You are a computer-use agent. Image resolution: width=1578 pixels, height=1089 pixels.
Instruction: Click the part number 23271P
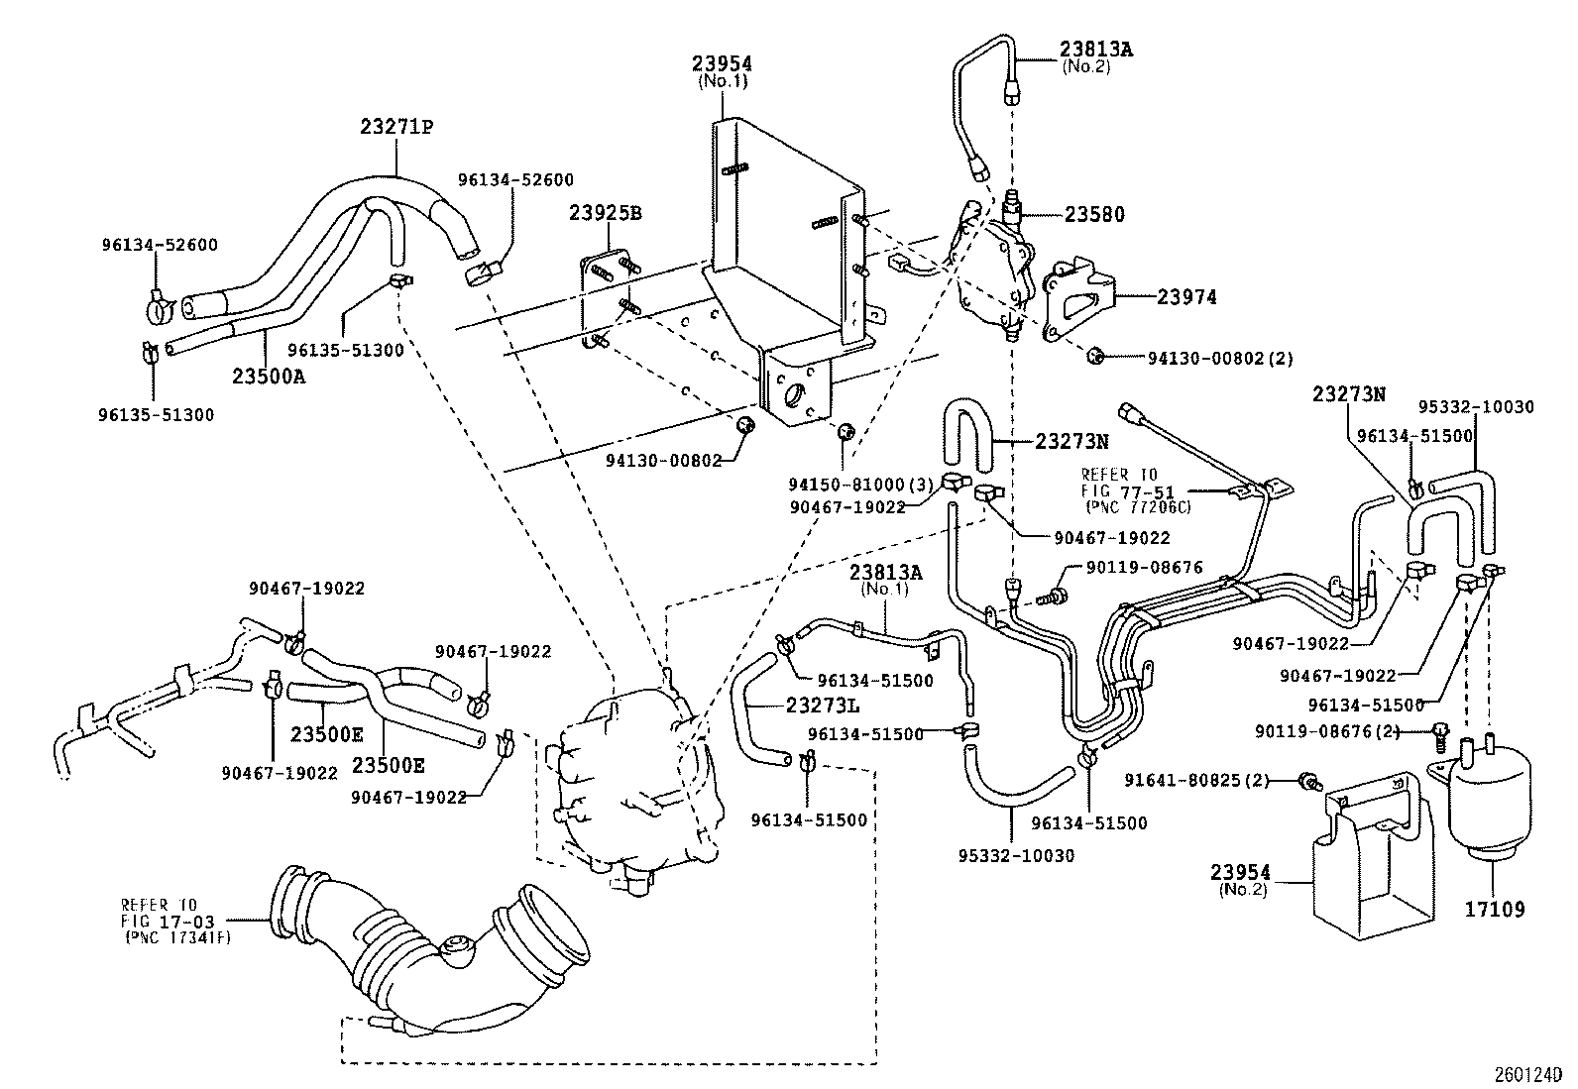tap(396, 127)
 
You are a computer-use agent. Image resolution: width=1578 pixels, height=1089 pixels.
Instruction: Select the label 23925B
tap(606, 213)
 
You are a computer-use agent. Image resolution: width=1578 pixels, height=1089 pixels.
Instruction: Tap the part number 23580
tap(1094, 214)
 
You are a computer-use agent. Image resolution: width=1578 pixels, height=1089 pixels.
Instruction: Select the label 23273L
tap(822, 706)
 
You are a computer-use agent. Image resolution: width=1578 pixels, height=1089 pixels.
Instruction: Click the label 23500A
tap(269, 377)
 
